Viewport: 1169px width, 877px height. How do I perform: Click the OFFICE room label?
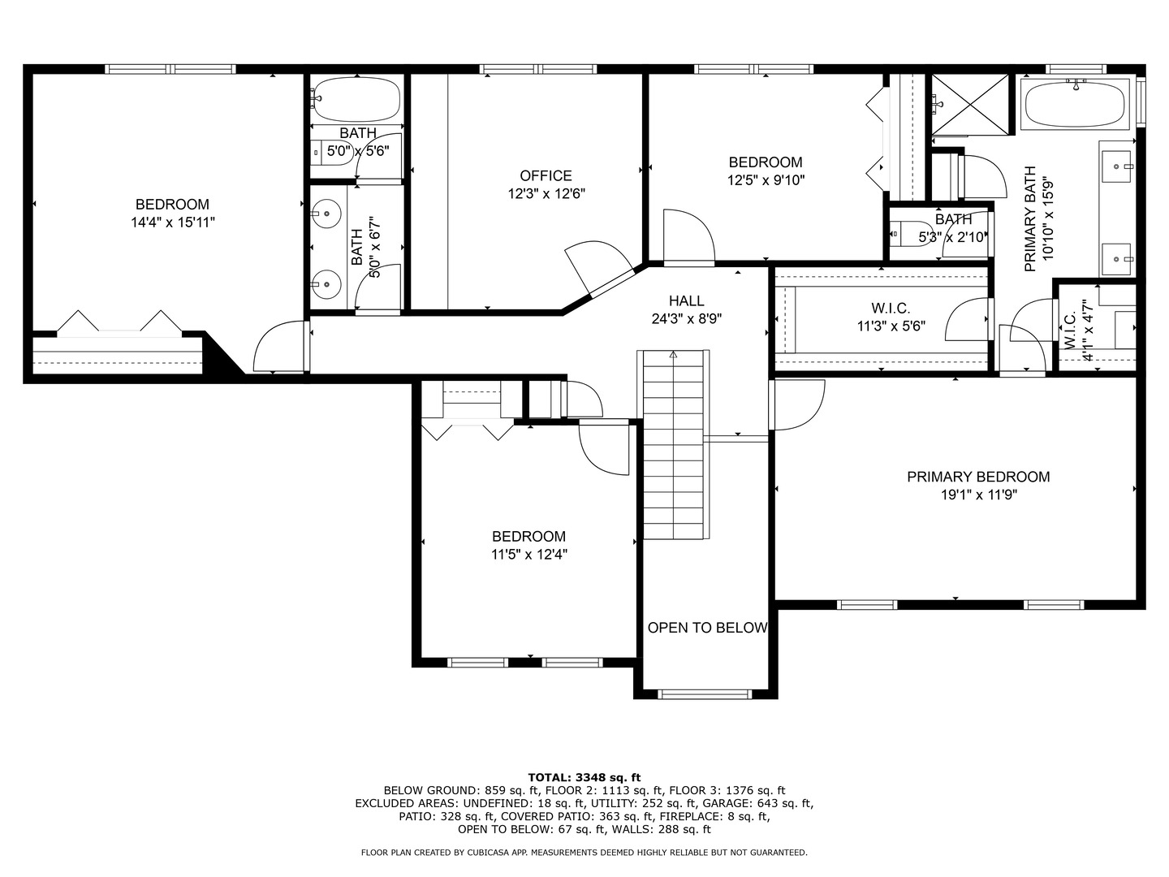point(546,175)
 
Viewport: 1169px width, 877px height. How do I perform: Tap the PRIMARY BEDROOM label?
point(978,477)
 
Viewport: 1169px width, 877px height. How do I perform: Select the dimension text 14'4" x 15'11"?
point(172,222)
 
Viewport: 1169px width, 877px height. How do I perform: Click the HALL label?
point(686,301)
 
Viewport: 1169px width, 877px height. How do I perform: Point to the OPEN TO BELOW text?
point(706,628)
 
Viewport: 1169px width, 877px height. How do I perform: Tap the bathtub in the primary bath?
point(1075,103)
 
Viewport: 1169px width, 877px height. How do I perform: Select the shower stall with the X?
point(970,103)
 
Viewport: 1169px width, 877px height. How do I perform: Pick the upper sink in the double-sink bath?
point(326,214)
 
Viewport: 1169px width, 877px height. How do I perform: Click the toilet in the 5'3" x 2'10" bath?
point(904,235)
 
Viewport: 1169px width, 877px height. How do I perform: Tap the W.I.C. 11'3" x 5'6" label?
point(891,318)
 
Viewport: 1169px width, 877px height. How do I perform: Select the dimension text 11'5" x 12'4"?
point(528,555)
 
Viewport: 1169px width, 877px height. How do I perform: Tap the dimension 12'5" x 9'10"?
point(766,180)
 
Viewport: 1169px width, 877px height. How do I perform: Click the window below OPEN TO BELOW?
point(705,693)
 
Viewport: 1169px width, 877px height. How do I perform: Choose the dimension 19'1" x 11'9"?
point(978,495)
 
